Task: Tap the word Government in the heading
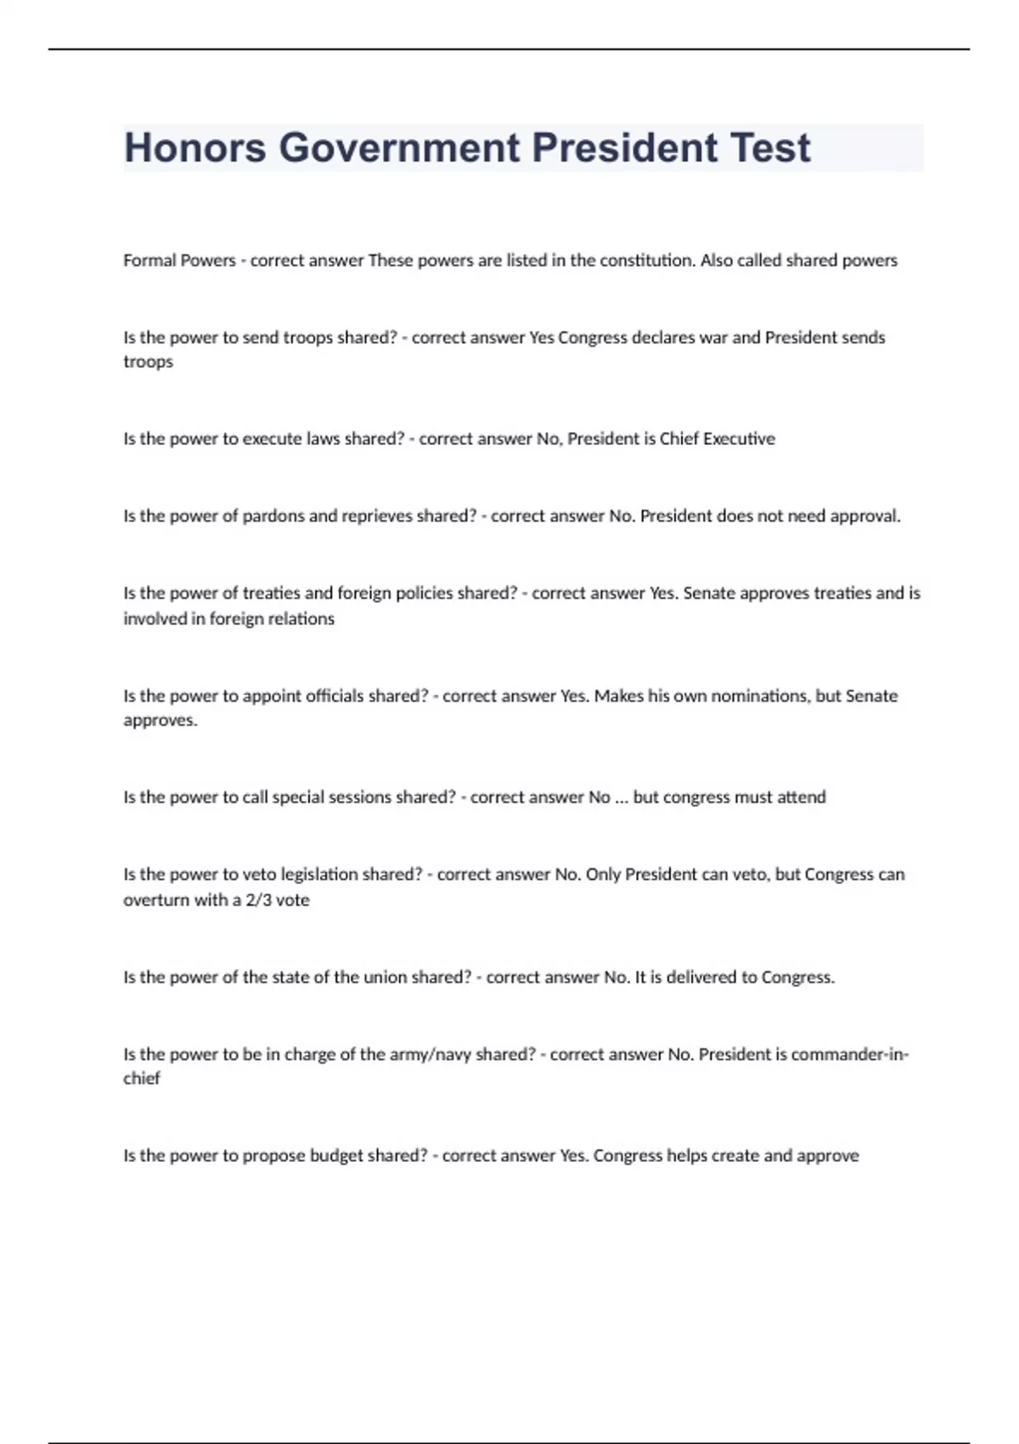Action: point(399,148)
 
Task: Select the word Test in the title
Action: point(770,148)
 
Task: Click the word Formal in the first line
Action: point(149,261)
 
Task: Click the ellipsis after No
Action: point(622,798)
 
